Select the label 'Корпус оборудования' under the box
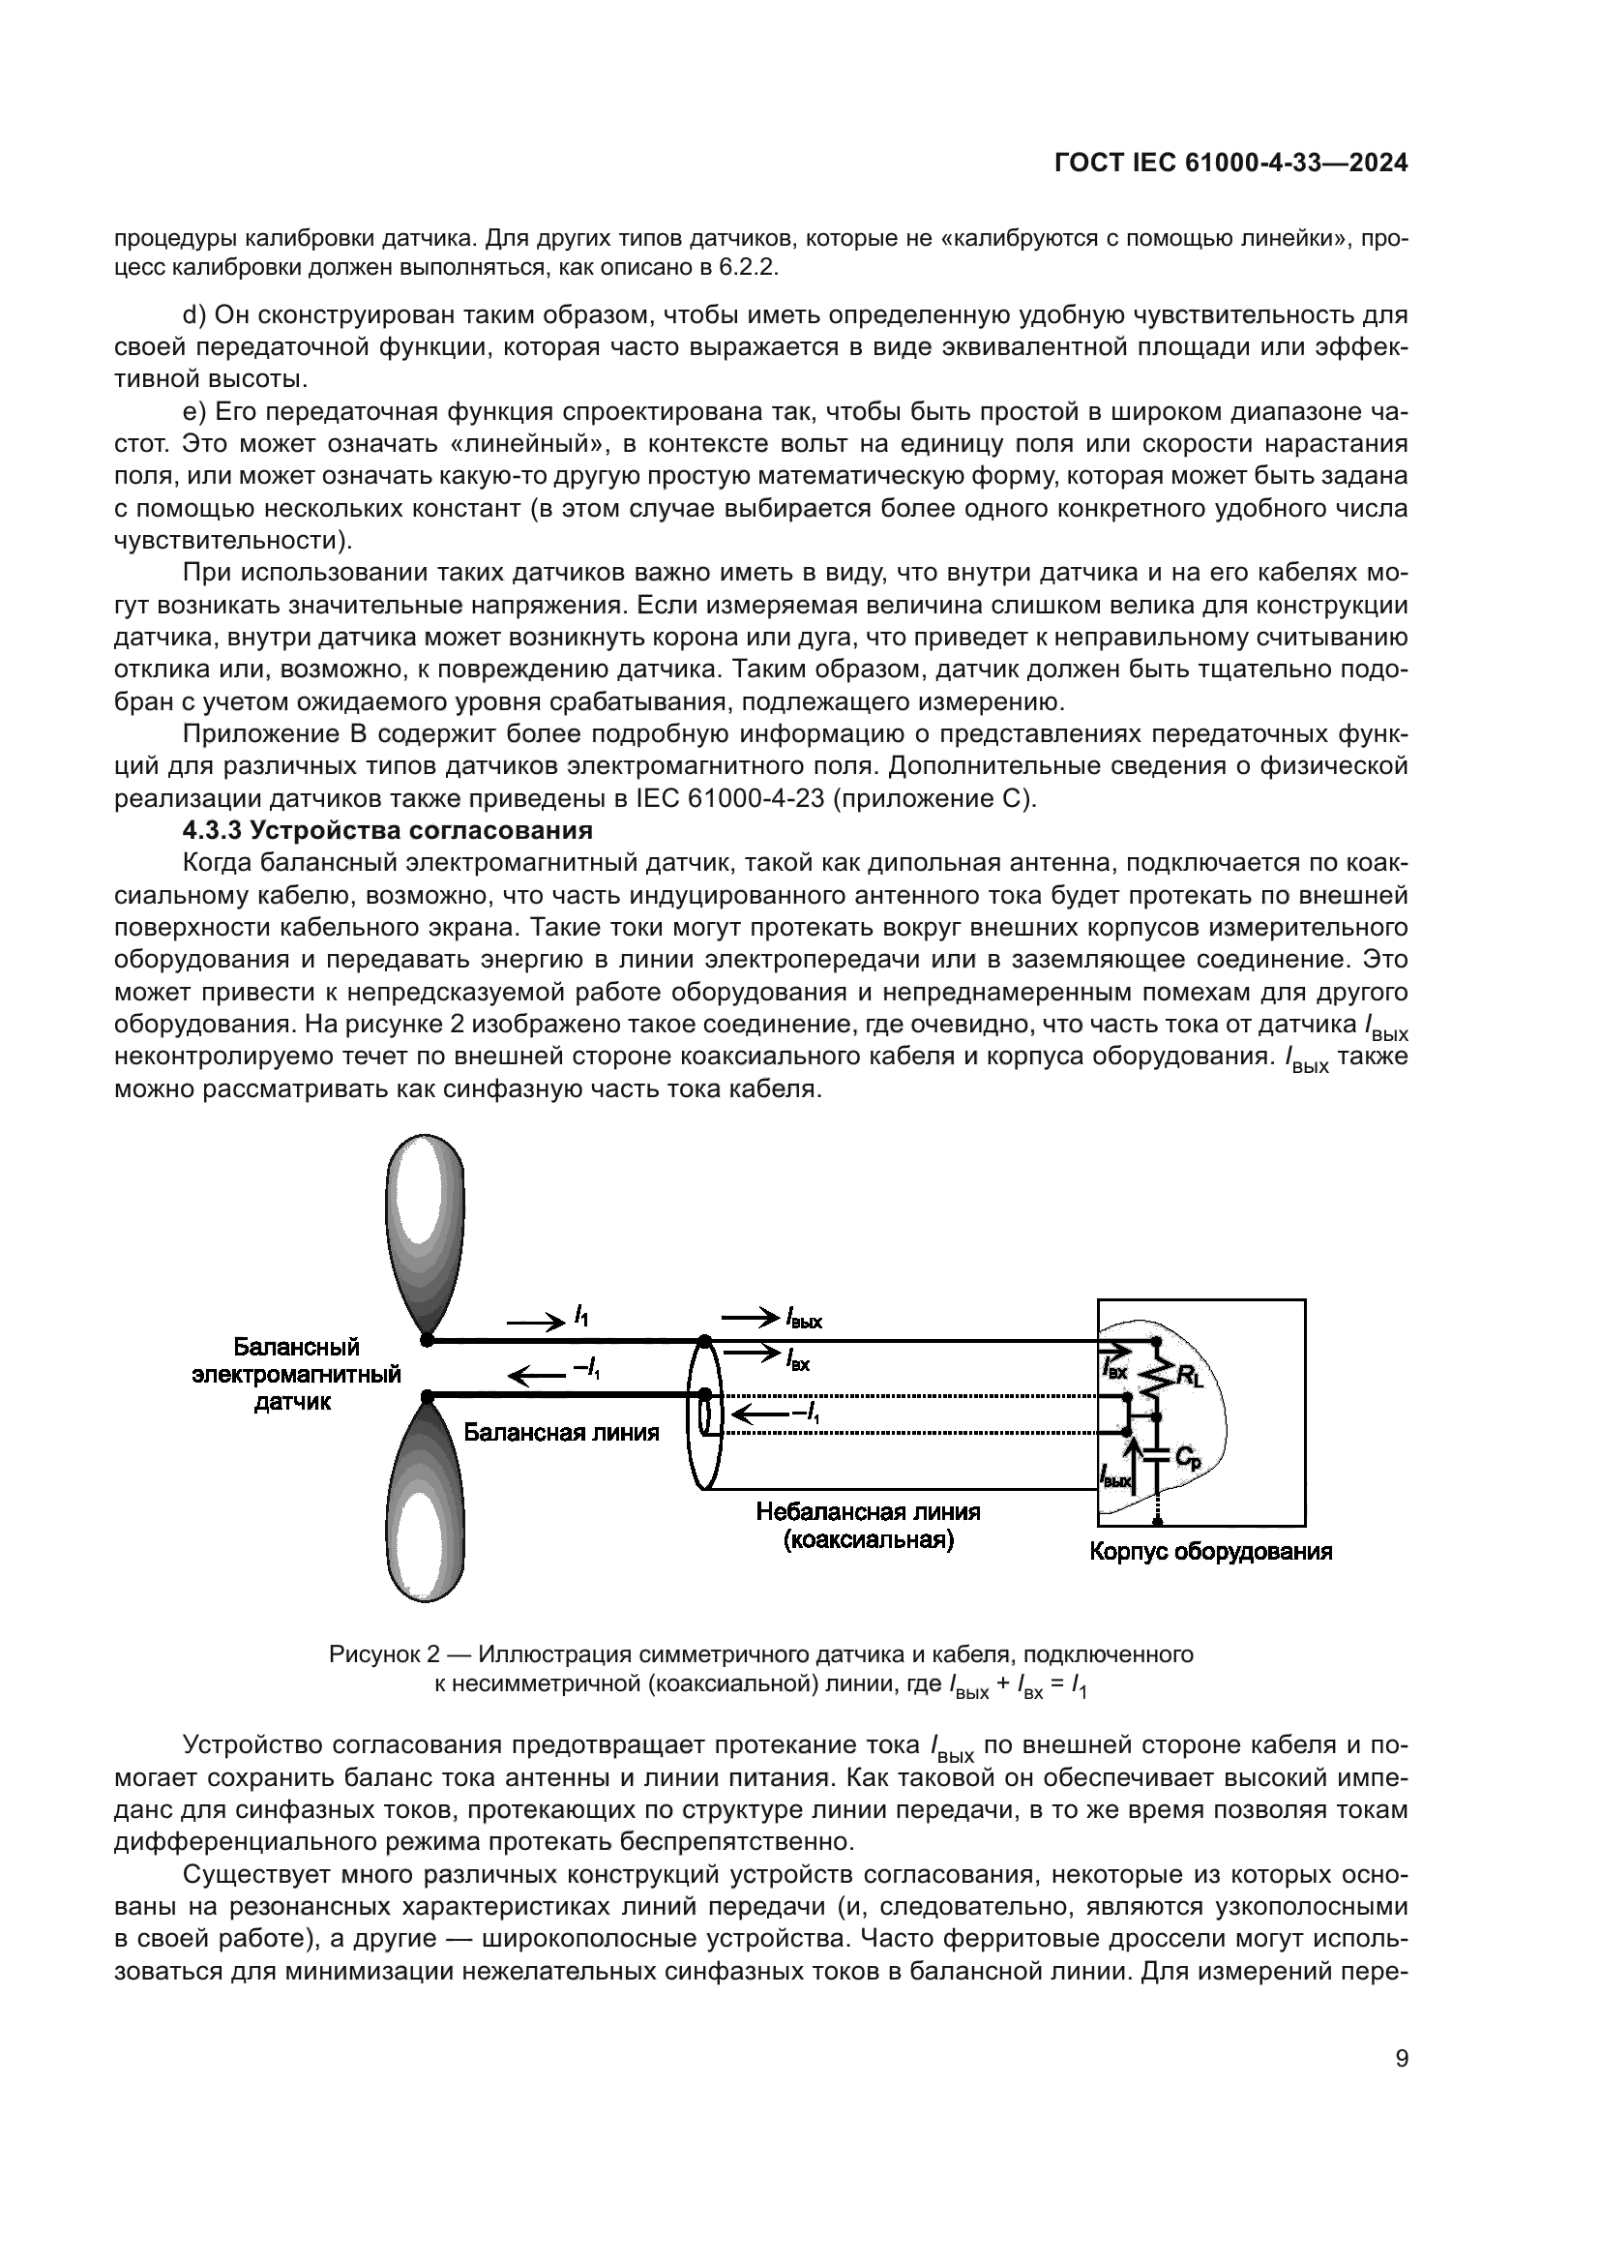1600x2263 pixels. [x=1210, y=1551]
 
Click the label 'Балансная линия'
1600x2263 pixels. [x=562, y=1432]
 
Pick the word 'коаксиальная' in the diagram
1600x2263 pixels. [x=868, y=1539]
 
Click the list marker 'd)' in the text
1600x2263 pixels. [x=193, y=315]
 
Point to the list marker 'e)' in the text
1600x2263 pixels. [x=193, y=412]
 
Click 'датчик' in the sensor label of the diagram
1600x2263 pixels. [x=292, y=1402]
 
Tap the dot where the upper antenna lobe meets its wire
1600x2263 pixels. [x=428, y=1339]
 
